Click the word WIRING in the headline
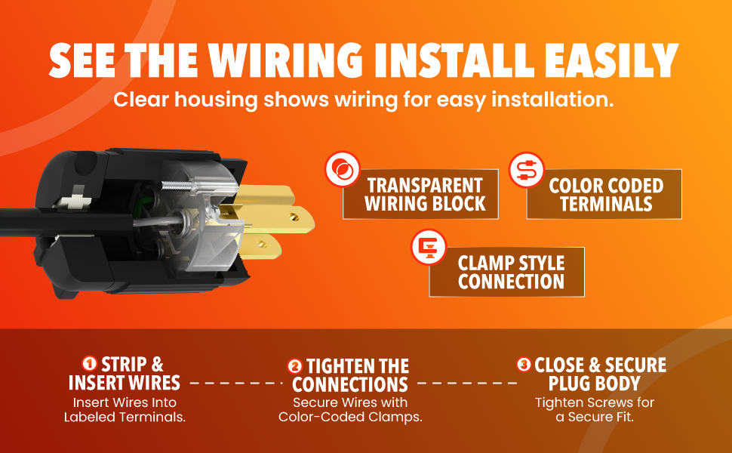tap(285, 60)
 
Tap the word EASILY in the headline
tap(611, 60)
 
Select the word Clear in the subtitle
tap(141, 100)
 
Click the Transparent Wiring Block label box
tap(420, 194)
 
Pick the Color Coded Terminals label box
tap(604, 194)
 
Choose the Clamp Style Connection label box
tap(506, 272)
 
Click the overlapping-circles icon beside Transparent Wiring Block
tap(343, 169)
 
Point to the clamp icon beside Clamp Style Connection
tap(429, 247)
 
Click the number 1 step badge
tap(89, 363)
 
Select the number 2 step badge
tap(294, 366)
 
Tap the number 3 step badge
tap(524, 364)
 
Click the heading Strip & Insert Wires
tap(125, 374)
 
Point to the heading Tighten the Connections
tap(350, 375)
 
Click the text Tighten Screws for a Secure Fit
tap(595, 409)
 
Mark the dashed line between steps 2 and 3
tap(467, 383)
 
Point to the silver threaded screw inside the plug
tap(177, 186)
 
